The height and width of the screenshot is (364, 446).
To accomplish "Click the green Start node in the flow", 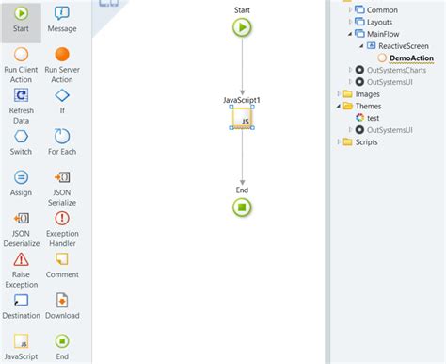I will coord(243,27).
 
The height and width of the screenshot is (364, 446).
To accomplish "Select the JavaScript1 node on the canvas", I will coord(243,119).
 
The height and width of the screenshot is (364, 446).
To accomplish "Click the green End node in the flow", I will coord(243,207).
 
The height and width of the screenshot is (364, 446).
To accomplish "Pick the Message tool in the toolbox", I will coord(62,13).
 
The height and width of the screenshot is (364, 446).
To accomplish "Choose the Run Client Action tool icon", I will coord(21,55).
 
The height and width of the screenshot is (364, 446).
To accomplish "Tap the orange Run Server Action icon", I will coord(62,55).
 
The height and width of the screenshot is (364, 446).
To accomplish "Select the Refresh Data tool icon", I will coord(21,95).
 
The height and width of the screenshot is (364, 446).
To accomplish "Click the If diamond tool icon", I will coord(62,95).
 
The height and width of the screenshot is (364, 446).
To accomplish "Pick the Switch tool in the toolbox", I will coord(21,136).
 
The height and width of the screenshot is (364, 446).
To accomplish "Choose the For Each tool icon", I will coord(62,136).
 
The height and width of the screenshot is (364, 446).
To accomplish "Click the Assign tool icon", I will coord(21,177).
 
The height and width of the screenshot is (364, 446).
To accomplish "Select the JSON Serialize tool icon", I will coord(62,177).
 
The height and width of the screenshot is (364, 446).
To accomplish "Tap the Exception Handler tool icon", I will coord(62,218).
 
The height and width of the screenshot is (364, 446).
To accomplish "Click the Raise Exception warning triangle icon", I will coord(21,259).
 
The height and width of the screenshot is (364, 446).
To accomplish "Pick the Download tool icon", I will coord(62,300).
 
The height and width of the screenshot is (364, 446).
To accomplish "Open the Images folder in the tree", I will coord(368,93).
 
